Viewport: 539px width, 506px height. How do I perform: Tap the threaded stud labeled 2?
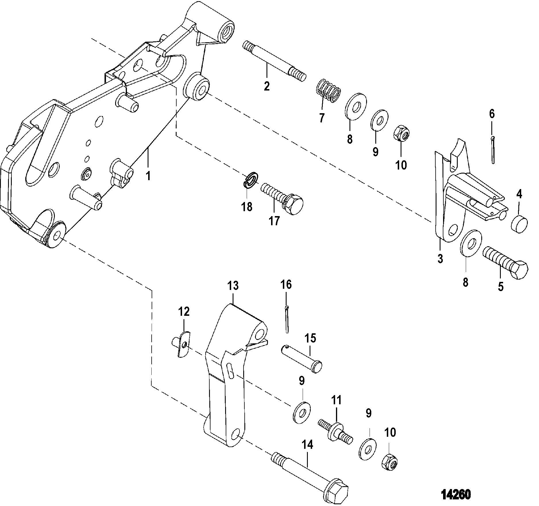click(x=274, y=61)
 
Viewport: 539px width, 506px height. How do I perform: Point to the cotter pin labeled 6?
click(x=492, y=149)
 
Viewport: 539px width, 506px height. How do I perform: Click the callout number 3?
click(x=440, y=259)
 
